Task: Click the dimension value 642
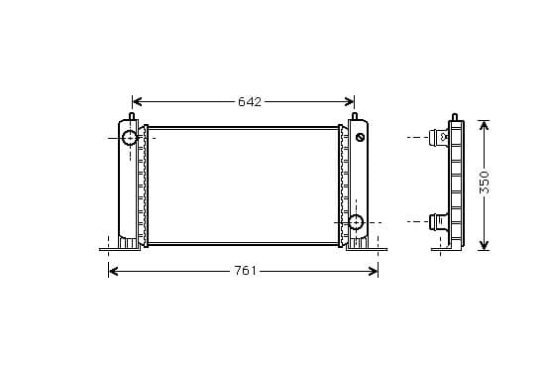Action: [x=250, y=101]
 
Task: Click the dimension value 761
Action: [x=245, y=271]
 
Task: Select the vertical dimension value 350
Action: [x=484, y=183]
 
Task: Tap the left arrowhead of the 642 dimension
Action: [x=137, y=101]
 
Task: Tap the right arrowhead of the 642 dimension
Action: [x=350, y=101]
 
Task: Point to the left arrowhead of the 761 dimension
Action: [x=113, y=271]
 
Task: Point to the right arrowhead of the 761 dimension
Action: [x=374, y=271]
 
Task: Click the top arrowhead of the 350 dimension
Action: [x=484, y=125]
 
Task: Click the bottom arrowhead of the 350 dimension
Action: [x=484, y=245]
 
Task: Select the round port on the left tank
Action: [x=130, y=138]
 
